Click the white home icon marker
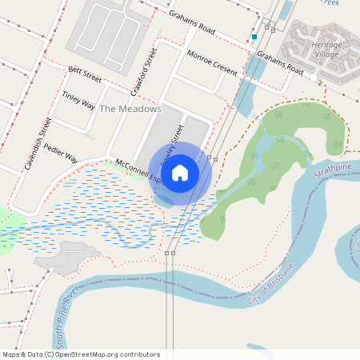180,172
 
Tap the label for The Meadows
130,108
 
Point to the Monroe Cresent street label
211,62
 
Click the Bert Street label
86,74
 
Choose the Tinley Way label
78,101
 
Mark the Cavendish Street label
38,144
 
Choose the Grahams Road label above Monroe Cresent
191,23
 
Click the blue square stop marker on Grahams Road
254,37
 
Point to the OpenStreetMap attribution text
82,354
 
